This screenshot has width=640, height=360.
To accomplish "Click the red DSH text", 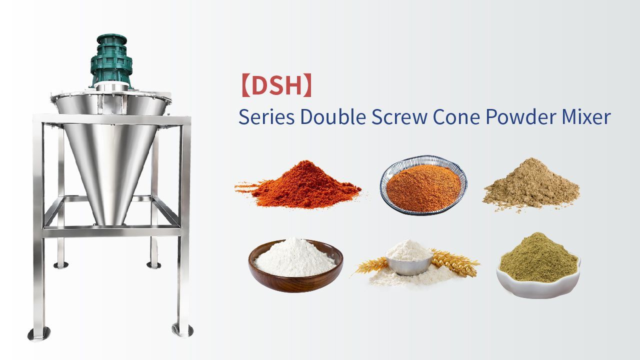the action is click(276, 85).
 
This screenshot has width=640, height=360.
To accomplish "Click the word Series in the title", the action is click(266, 117).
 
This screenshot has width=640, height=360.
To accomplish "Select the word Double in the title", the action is click(333, 116).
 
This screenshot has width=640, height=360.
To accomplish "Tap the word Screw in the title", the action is click(399, 117).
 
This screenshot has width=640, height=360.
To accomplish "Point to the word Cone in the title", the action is click(456, 117).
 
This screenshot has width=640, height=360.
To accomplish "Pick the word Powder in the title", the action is click(521, 117).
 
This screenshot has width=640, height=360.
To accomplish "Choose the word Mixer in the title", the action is click(586, 116).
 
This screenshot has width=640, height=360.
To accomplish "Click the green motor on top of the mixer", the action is click(111, 61).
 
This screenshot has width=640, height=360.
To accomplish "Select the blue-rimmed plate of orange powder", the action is click(423, 185).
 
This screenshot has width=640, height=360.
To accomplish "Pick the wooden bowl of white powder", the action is click(295, 265).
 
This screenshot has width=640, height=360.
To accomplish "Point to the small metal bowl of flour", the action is click(409, 258).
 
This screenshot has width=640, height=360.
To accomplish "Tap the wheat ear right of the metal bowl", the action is click(454, 262).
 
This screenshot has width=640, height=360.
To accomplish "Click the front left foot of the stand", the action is click(39, 333).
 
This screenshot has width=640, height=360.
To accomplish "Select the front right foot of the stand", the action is click(182, 330).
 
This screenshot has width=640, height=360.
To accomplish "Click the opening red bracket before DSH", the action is click(245, 85).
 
